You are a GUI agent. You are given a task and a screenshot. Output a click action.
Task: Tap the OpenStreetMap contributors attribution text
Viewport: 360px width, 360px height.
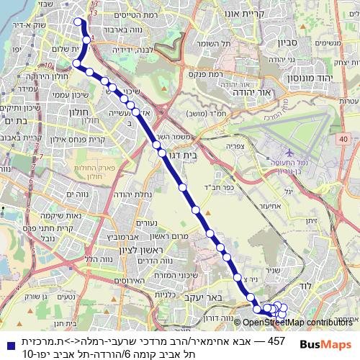[x=297, y=323]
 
